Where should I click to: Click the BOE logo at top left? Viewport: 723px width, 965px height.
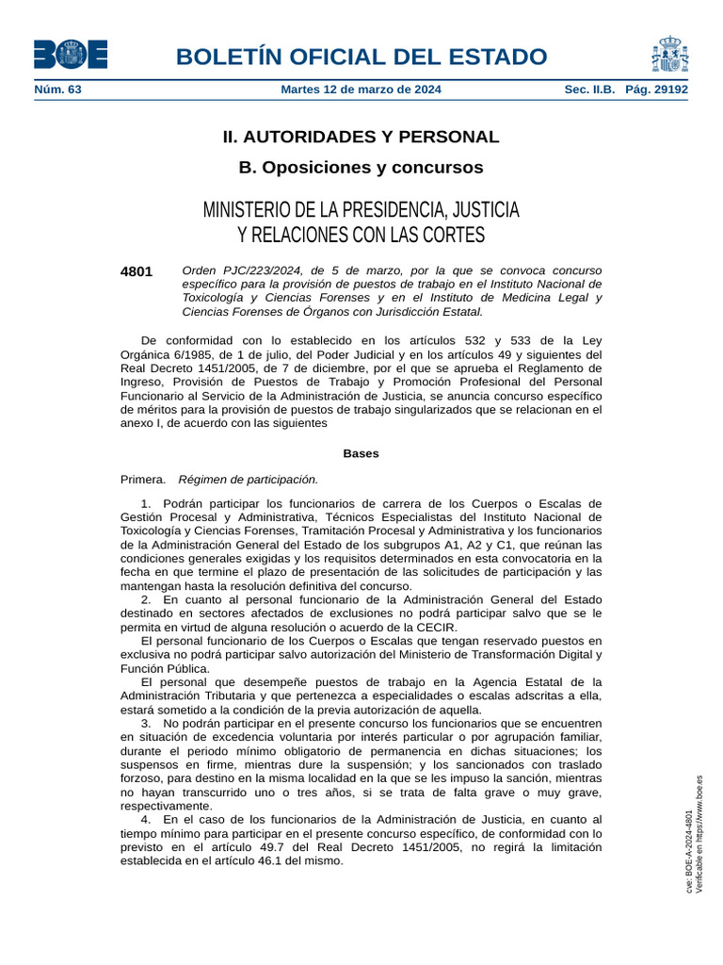tap(71, 54)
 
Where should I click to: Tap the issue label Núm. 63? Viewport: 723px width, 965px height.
tap(57, 90)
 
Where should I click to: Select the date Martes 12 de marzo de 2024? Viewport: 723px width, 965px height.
tap(361, 90)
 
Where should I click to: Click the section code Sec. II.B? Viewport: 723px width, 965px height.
tap(589, 90)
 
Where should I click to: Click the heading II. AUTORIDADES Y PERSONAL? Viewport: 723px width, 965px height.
tap(361, 137)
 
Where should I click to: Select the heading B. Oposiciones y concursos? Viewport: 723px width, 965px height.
tap(361, 168)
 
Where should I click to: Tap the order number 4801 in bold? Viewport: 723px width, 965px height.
tap(137, 271)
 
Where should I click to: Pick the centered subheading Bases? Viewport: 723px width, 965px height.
tap(361, 453)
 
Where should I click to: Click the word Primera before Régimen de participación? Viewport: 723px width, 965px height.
tap(143, 479)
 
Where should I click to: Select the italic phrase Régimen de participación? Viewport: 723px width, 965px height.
tap(249, 479)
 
